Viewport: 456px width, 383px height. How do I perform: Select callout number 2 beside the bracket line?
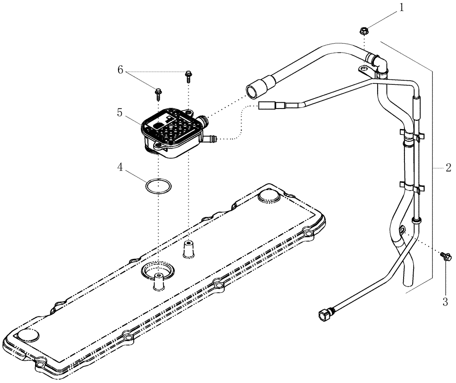coord(448,168)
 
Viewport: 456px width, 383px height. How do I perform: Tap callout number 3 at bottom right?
coord(445,301)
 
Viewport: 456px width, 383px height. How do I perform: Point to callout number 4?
coord(120,167)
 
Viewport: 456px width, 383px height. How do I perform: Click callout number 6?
coord(120,70)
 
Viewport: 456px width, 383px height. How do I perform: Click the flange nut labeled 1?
coord(364,31)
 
